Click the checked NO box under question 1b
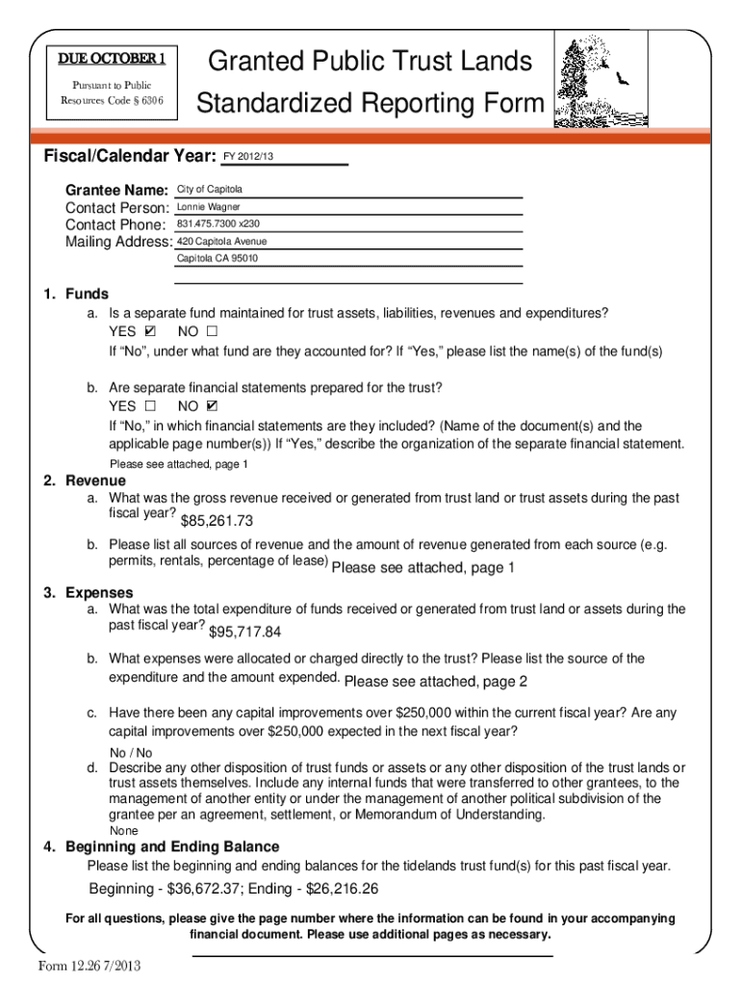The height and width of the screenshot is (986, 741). point(212,406)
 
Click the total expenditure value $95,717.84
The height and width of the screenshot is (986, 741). point(244,632)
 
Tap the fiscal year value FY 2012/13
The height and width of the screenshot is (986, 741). point(248,157)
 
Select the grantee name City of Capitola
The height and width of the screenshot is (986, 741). point(209,190)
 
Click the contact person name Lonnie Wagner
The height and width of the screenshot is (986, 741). point(209,207)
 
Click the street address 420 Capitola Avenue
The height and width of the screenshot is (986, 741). point(222,242)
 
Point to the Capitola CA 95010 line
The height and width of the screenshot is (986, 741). point(217,259)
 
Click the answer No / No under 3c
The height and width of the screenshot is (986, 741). point(131,753)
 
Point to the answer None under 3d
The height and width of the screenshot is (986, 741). point(124,831)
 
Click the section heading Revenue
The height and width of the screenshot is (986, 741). point(95,480)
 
